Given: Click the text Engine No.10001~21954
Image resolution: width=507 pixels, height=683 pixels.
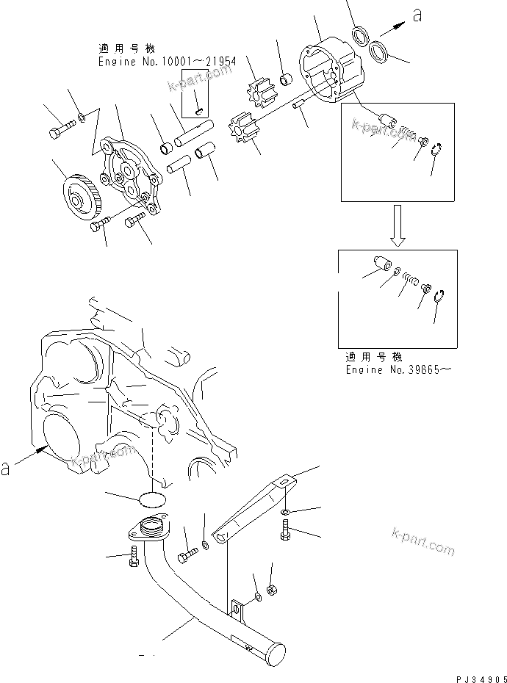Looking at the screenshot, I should pyautogui.click(x=168, y=62).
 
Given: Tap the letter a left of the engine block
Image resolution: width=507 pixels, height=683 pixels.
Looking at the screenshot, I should pyautogui.click(x=6, y=467).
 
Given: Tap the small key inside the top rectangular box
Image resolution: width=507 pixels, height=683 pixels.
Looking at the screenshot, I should pyautogui.click(x=199, y=110).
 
